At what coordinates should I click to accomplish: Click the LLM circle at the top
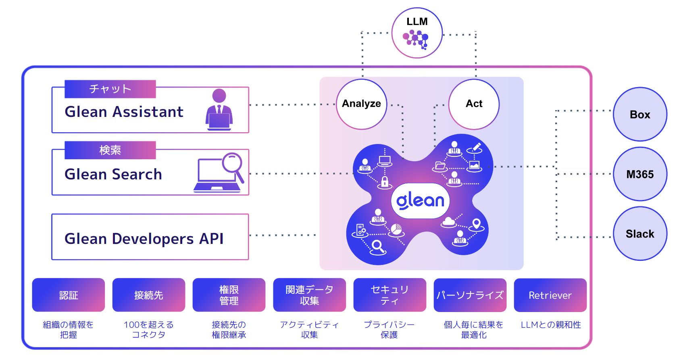[x=417, y=33]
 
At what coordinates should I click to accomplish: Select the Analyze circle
[x=362, y=104]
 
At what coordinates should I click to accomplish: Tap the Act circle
[x=474, y=104]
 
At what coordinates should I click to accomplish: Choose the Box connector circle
[x=640, y=114]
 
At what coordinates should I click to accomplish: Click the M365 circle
[x=640, y=174]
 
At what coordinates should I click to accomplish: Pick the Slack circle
[x=640, y=234]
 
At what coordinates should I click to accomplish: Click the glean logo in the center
[x=420, y=201]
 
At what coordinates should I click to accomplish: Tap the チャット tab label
[x=110, y=89]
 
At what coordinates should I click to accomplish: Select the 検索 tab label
[x=110, y=150]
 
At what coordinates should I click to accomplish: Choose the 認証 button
[x=69, y=295]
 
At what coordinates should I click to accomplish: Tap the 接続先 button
[x=149, y=295]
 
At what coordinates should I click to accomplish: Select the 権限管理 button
[x=229, y=295]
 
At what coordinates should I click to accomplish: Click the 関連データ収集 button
[x=309, y=295]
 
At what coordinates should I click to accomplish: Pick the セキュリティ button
[x=389, y=295]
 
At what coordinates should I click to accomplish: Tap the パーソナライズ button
[x=470, y=295]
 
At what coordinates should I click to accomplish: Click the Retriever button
[x=550, y=295]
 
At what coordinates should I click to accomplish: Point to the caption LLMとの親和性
[x=551, y=325]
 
